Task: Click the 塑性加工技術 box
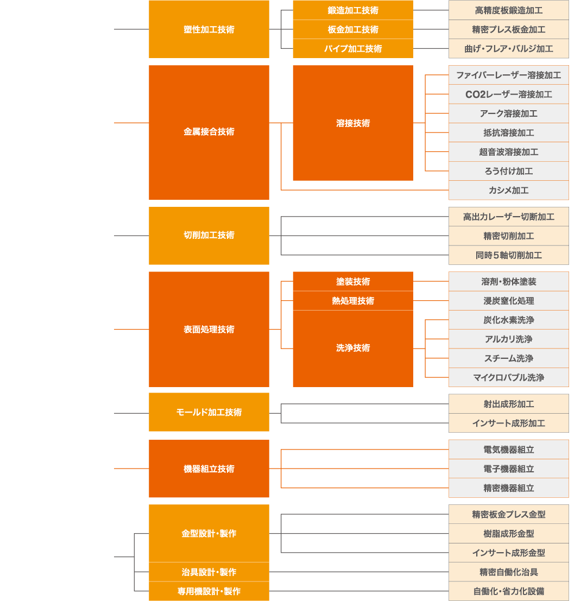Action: tap(209, 29)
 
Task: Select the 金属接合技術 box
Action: tap(209, 132)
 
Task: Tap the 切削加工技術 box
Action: tap(209, 236)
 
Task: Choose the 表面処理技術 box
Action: tap(209, 330)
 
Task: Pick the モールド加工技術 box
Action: tap(209, 412)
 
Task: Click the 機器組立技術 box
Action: tap(209, 469)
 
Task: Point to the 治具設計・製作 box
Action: tap(209, 572)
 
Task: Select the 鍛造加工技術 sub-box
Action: tap(353, 10)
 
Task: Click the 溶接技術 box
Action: tap(353, 123)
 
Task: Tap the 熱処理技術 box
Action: tap(353, 301)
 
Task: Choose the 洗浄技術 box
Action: tap(353, 348)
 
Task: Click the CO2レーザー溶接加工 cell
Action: tap(509, 94)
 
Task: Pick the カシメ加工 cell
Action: tap(509, 190)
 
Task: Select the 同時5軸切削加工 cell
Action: tap(509, 255)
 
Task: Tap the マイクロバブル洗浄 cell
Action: tap(509, 377)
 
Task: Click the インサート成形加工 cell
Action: tap(509, 423)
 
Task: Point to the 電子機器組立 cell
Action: tap(509, 469)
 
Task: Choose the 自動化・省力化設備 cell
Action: tap(509, 591)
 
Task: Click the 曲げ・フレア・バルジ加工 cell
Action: tap(509, 48)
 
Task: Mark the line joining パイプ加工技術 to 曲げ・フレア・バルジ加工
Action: tap(431, 48)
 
